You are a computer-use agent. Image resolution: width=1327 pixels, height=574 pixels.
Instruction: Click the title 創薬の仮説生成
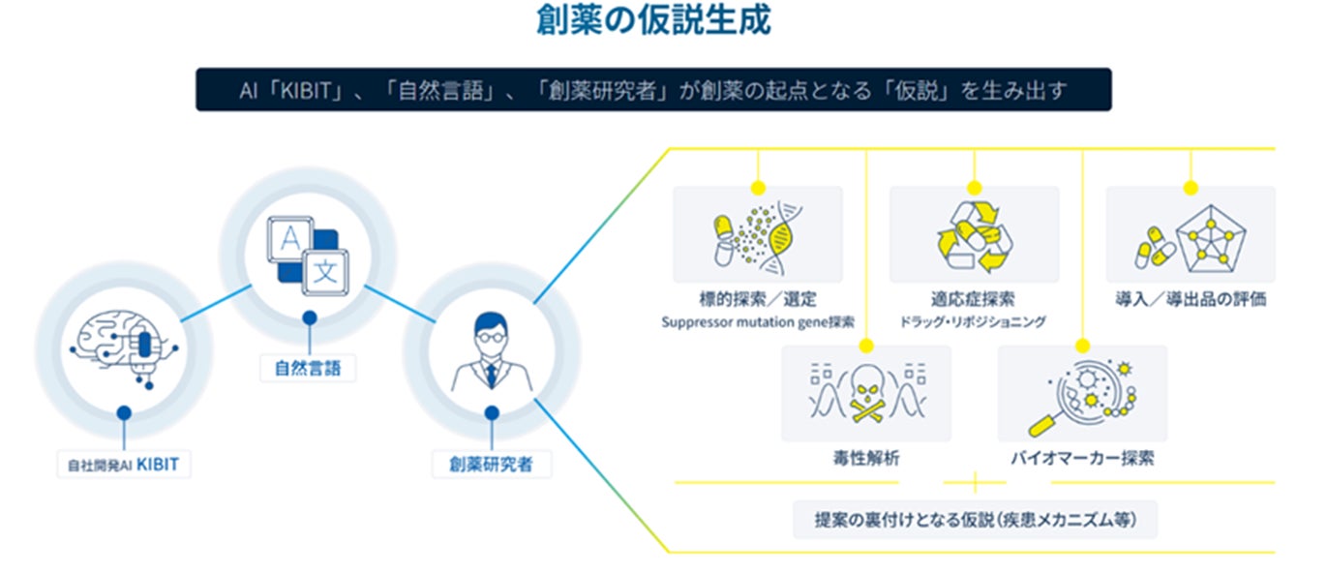point(653,20)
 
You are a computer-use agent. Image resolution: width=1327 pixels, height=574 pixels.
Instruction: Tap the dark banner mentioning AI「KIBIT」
point(653,90)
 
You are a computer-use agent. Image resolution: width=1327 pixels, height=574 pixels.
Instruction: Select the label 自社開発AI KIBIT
point(123,465)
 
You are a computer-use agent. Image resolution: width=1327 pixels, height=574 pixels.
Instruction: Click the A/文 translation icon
point(308,256)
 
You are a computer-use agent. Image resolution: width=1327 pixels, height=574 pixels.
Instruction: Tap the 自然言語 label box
point(308,368)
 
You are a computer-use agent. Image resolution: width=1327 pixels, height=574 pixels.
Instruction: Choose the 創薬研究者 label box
point(492,465)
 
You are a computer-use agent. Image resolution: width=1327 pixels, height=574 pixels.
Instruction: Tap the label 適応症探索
point(973,299)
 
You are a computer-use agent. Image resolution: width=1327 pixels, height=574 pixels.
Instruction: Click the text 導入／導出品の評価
point(1191,299)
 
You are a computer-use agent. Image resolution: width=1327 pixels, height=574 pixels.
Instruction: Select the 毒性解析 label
point(866,457)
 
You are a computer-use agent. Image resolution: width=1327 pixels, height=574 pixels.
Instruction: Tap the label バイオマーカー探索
point(1081,457)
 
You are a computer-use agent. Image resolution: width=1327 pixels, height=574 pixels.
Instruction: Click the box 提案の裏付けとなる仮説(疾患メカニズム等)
point(975,520)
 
